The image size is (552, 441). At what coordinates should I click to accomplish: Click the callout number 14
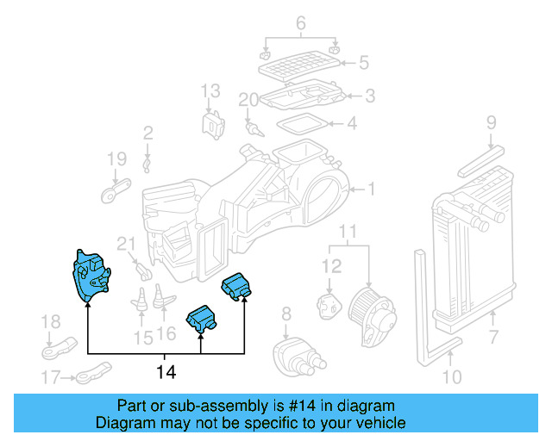[165, 372]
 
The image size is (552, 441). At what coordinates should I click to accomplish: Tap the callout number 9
[491, 122]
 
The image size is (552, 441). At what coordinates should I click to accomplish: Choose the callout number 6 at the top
[300, 23]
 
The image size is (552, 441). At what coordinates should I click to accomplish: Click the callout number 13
[211, 90]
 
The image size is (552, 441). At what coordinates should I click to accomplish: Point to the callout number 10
[451, 376]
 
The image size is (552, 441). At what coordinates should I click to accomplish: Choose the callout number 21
[127, 244]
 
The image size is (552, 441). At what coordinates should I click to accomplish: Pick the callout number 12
[332, 268]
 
